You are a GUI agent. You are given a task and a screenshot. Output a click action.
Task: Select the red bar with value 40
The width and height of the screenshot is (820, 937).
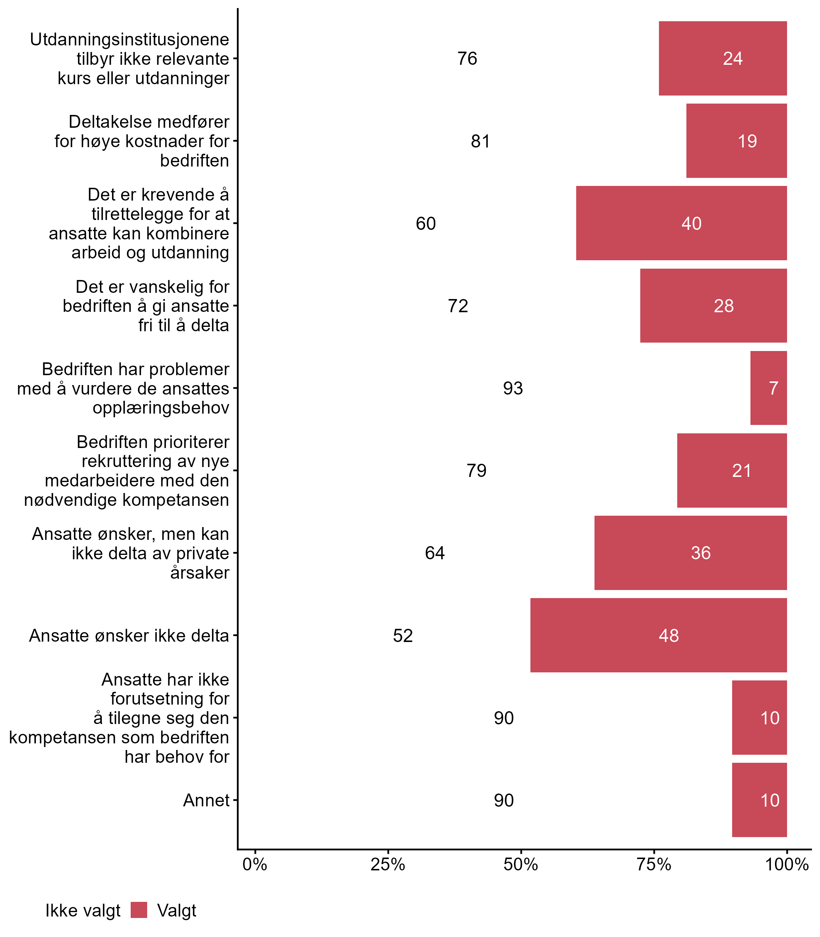(x=681, y=223)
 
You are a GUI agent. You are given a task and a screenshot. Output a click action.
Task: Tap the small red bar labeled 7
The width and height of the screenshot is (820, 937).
(x=768, y=388)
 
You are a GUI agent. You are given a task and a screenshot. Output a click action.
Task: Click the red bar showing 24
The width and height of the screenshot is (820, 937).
(x=723, y=59)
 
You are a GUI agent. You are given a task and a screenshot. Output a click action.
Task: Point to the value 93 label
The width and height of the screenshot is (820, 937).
(x=512, y=388)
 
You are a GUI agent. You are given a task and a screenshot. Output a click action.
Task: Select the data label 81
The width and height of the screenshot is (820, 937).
(x=480, y=141)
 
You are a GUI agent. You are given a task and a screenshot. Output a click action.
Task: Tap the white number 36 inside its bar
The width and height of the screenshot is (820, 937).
(x=701, y=553)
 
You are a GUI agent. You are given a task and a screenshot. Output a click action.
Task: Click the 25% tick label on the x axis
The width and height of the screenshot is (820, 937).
(x=388, y=864)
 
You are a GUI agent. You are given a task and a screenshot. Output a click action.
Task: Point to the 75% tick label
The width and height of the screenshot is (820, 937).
(x=654, y=864)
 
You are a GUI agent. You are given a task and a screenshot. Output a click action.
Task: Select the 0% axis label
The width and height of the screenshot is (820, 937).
(x=255, y=864)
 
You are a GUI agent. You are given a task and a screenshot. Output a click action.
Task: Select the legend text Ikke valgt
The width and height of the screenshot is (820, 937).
(x=83, y=911)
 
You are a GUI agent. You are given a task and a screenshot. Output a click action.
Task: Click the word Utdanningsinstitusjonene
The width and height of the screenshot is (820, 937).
(x=130, y=40)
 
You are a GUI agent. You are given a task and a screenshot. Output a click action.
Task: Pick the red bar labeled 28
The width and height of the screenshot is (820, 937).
(x=713, y=306)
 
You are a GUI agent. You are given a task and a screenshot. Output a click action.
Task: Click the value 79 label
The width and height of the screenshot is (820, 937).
(x=476, y=471)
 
